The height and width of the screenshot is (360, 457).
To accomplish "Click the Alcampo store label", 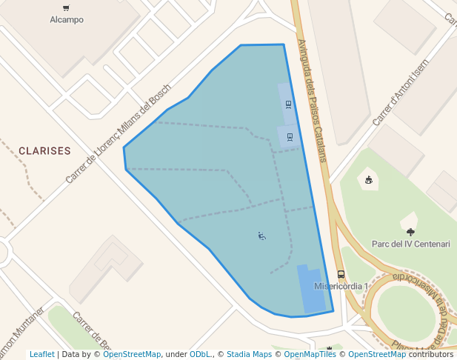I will [x=66, y=20].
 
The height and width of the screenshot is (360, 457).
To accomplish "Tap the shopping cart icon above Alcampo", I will [x=66, y=8].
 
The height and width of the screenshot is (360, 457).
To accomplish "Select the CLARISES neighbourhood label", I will [x=44, y=150].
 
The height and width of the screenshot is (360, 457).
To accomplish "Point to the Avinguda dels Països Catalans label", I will [x=311, y=99].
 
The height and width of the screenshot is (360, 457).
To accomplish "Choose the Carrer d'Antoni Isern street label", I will [x=400, y=92].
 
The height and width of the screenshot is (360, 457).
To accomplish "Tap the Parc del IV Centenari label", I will [x=410, y=244].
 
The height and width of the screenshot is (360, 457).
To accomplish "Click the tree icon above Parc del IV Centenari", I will [x=411, y=232].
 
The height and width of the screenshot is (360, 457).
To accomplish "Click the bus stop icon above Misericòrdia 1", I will [x=340, y=274].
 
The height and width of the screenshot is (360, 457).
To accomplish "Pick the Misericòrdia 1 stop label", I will [x=341, y=286].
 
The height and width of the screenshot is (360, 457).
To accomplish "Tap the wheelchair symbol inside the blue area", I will [x=261, y=236].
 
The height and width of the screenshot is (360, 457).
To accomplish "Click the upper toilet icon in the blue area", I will [x=287, y=104].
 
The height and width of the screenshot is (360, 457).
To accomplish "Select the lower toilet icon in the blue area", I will [x=290, y=136].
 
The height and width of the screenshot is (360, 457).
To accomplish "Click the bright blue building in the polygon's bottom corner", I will [x=311, y=290].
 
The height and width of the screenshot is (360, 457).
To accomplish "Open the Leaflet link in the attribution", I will [x=41, y=355].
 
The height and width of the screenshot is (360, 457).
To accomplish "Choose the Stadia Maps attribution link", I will [x=249, y=355].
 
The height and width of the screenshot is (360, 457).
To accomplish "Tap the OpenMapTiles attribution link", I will [x=310, y=355].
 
